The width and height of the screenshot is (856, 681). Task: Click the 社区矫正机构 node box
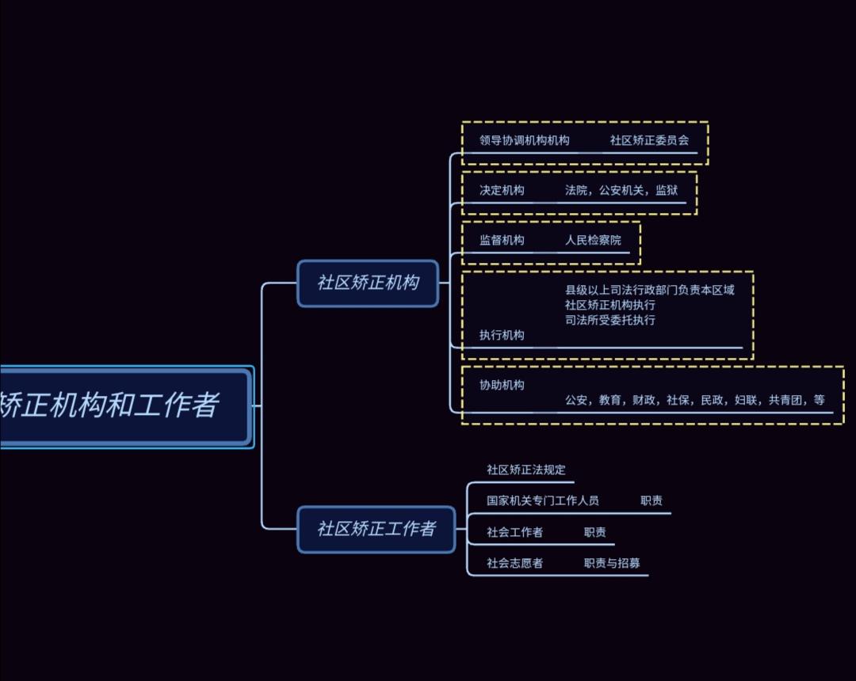point(368,283)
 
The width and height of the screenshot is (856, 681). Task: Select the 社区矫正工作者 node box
point(376,529)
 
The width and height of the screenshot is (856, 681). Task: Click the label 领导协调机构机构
point(524,140)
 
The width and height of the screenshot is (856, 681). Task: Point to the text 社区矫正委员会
point(649,140)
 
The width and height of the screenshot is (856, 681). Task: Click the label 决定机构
point(501,190)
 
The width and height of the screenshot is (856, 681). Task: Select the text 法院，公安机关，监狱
point(621,190)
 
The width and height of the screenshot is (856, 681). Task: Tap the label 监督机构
point(501,240)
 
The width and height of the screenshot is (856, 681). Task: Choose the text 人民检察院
point(593,240)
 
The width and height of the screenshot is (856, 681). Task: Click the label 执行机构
point(501,335)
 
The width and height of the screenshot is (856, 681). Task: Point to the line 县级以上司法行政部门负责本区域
point(649,290)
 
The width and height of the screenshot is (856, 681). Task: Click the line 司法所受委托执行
point(610,320)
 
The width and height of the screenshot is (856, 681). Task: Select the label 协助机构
point(501,385)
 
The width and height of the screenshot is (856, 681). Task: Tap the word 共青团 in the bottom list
point(785,401)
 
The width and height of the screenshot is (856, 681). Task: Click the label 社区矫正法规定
point(525,470)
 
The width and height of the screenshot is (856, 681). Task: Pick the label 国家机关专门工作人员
point(542,500)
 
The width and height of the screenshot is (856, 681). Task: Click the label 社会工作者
point(514,532)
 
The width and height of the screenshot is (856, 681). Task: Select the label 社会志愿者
point(514,563)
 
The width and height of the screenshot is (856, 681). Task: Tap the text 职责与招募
point(611,563)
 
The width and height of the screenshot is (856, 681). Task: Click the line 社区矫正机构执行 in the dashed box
point(610,305)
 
